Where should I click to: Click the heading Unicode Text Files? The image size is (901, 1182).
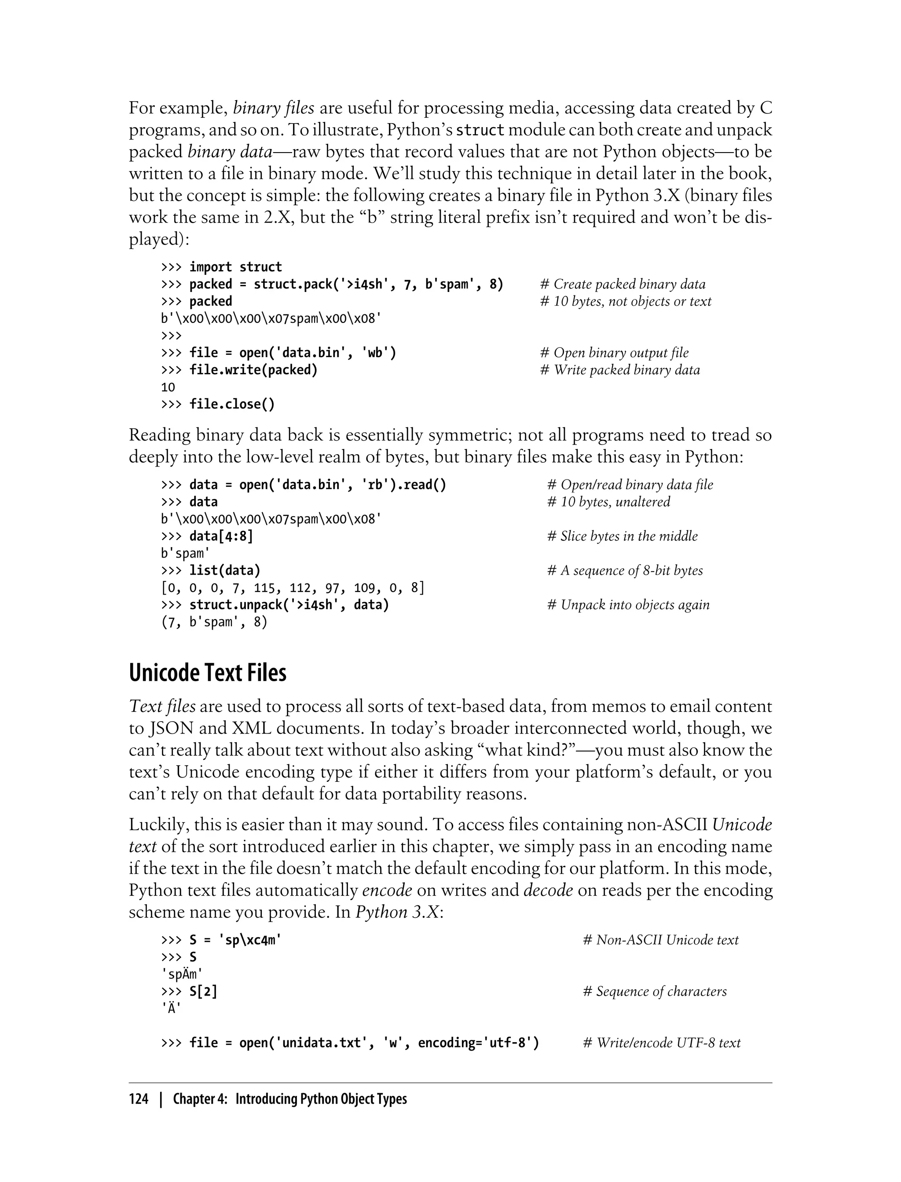point(208,673)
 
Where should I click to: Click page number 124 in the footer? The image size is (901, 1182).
point(139,1099)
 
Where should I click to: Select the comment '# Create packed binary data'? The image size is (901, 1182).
point(622,284)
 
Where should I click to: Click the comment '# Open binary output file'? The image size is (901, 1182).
point(614,353)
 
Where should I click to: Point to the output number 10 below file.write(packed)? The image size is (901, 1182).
point(168,387)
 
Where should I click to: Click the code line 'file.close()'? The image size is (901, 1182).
point(232,404)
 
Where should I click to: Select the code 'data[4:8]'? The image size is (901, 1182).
point(220,536)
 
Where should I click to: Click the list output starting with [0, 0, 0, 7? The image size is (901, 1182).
point(292,587)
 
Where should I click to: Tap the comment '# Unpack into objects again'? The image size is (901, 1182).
point(628,605)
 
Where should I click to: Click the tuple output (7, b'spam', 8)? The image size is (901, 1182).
point(214,622)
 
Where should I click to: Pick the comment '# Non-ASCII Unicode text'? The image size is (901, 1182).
point(660,940)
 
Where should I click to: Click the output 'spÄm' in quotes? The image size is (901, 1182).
point(182,974)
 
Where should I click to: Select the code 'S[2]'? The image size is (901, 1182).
point(203,991)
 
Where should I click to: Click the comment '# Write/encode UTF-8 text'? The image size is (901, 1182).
point(661,1043)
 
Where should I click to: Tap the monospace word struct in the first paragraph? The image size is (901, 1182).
point(480,130)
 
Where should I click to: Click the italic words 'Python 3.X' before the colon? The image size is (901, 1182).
point(397,912)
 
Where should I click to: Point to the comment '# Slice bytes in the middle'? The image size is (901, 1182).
point(622,536)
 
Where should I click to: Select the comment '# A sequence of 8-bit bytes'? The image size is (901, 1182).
point(625,570)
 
